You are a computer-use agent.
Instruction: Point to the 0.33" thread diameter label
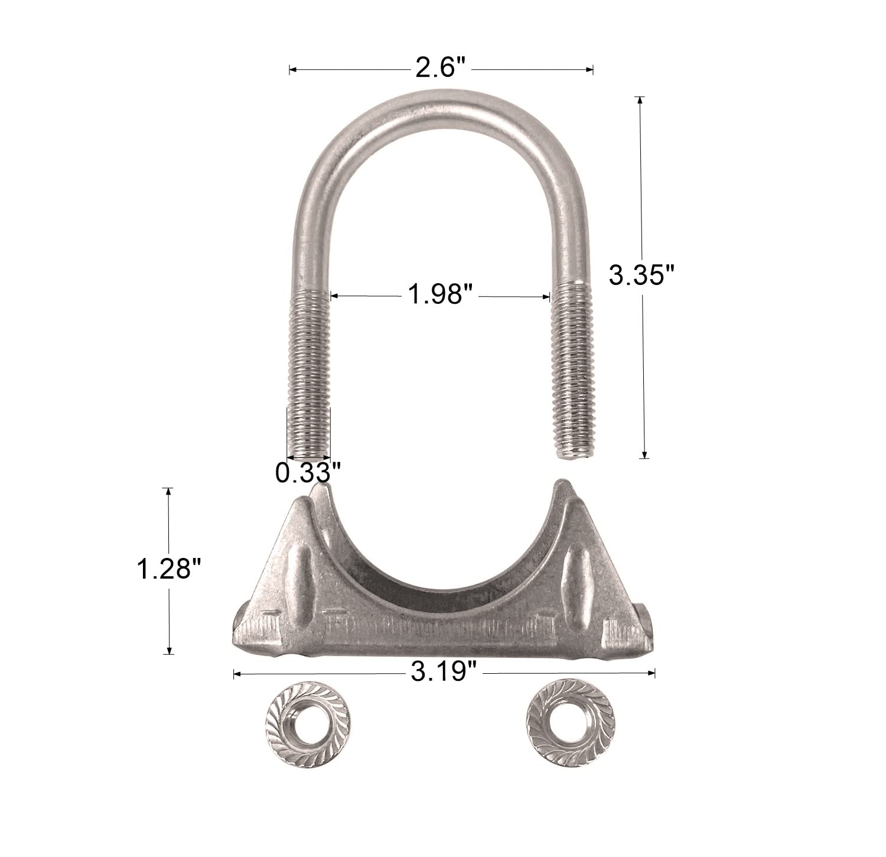point(308,472)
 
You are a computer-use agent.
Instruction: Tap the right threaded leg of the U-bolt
point(572,366)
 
